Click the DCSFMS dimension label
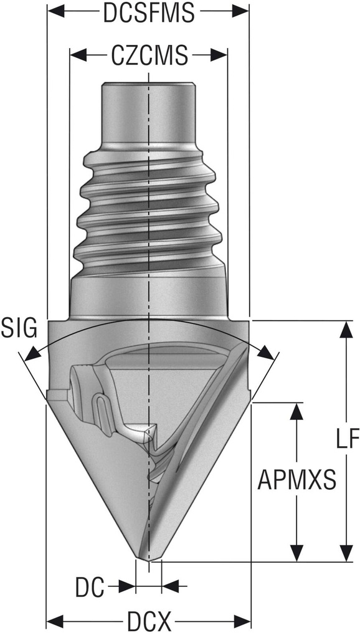coord(148,13)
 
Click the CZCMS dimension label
coord(149,56)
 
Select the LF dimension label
coord(344,440)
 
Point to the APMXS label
coord(297,480)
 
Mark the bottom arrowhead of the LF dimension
coord(344,553)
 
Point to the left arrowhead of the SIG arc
coord(28,356)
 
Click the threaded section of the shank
coord(148,212)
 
